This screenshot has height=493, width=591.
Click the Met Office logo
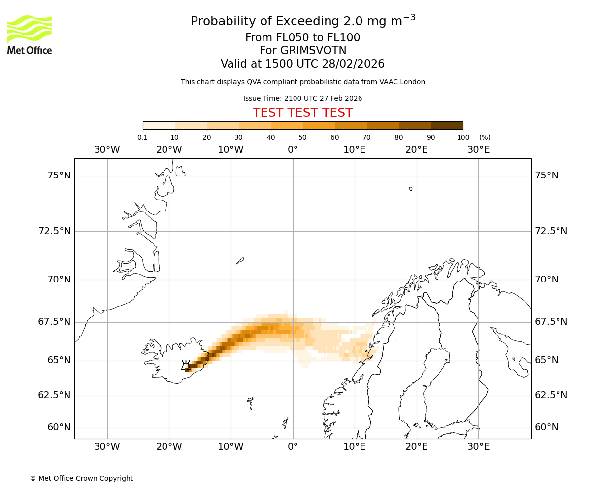point(30,35)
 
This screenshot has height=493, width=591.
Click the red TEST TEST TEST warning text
point(302,113)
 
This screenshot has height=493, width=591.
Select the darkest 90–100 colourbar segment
point(447,125)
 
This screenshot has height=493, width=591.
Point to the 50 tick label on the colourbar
point(302,137)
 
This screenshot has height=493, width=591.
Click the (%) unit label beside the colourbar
point(485,137)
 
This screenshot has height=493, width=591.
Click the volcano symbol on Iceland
point(186,366)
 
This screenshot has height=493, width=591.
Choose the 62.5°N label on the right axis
point(551,395)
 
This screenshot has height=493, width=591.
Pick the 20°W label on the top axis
point(169,149)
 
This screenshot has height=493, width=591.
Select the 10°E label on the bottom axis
point(355,447)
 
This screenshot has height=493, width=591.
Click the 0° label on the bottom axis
point(293,447)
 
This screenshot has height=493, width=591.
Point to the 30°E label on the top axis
point(478,149)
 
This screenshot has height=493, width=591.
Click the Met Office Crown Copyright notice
point(81,478)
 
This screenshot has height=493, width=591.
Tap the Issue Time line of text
point(302,98)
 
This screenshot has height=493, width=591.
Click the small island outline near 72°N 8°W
point(240,261)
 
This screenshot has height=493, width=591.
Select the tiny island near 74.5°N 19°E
point(411,189)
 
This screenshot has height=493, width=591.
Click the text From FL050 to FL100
point(302,38)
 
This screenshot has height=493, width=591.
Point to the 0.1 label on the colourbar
point(142,137)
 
